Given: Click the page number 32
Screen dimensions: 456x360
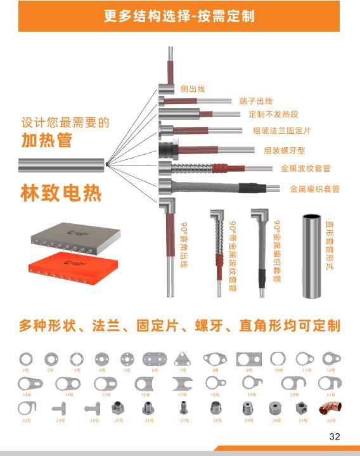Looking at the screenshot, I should (x=335, y=436).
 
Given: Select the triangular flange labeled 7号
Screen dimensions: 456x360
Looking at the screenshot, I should (x=183, y=359).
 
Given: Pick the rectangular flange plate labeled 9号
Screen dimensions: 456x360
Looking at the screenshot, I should (x=248, y=359).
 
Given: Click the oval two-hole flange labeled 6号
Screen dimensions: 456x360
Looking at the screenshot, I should (x=155, y=359).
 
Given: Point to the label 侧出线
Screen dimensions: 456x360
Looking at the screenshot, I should (x=193, y=89).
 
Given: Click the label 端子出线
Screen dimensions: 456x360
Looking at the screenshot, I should (x=255, y=101).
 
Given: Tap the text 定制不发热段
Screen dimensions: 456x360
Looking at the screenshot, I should (x=273, y=115).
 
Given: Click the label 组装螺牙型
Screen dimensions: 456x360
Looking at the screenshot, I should (x=284, y=150).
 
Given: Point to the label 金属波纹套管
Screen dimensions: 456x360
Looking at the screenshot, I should (x=305, y=169).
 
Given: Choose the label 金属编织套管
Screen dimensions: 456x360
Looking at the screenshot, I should (x=314, y=189).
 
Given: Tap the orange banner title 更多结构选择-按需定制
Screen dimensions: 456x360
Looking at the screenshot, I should (x=179, y=16).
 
